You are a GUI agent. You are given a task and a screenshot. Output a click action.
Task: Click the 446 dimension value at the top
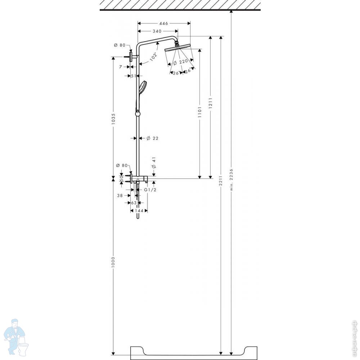[164, 23]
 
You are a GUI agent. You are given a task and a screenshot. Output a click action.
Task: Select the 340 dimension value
[157, 31]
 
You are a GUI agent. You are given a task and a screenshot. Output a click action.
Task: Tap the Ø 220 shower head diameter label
[180, 62]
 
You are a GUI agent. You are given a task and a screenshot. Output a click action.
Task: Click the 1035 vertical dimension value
[113, 119]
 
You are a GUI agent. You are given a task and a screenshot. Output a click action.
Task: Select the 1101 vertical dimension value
[199, 112]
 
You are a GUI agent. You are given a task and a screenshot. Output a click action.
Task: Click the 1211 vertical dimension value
[210, 103]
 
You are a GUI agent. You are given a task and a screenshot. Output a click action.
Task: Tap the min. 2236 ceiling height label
[231, 180]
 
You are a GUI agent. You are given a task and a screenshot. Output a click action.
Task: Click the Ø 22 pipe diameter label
[152, 138]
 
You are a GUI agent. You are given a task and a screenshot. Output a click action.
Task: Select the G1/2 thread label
[150, 190]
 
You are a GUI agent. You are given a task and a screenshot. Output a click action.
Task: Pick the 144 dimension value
[139, 211]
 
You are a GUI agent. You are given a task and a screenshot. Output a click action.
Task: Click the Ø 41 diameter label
[154, 163]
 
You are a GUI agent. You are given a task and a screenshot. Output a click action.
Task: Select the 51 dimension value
[134, 76]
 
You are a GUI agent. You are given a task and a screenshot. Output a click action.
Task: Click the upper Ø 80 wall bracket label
[120, 45]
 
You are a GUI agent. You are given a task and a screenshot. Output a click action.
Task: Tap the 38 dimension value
[120, 195]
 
